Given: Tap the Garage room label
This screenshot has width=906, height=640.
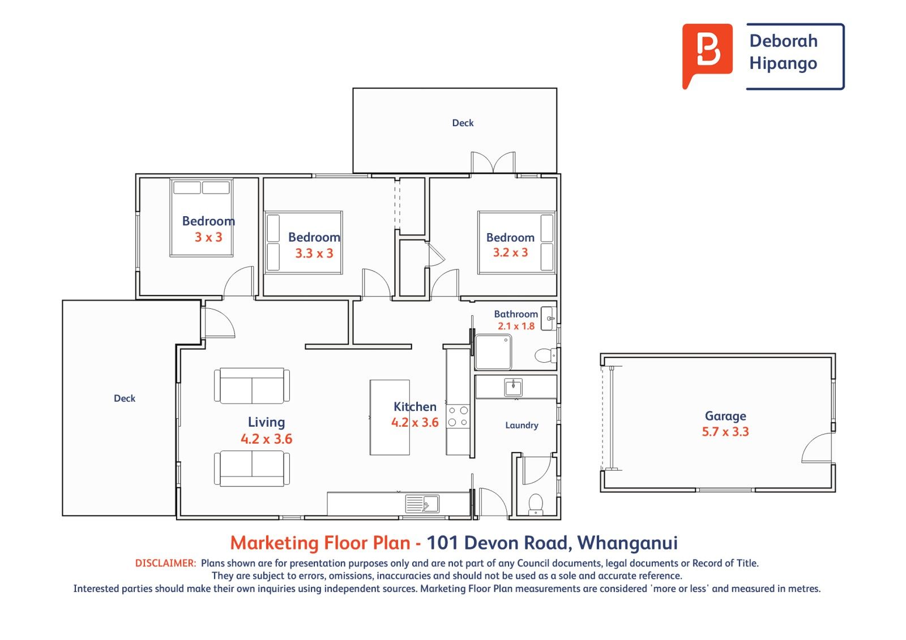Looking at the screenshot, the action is point(725,416).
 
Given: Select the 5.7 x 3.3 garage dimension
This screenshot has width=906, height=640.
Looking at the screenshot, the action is point(725,432).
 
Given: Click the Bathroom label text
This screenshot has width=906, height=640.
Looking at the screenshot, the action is point(516,314).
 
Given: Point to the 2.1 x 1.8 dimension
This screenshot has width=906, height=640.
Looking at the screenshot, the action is point(516,327).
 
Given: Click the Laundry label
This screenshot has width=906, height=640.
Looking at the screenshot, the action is point(522,426).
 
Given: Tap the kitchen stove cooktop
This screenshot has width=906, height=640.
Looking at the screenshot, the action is point(458,417).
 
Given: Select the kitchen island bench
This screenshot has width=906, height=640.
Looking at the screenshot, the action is point(390,417).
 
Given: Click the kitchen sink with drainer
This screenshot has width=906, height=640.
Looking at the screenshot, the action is point(422,504).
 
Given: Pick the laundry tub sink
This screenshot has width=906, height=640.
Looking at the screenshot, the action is point(513,387).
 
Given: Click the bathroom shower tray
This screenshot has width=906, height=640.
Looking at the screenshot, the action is point(493,352).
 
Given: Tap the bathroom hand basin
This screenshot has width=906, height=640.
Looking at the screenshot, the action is point(548,319).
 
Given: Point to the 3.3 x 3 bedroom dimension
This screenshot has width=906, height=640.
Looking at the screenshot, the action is point(314,254).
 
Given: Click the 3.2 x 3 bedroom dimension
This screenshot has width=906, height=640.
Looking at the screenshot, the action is point(510,253).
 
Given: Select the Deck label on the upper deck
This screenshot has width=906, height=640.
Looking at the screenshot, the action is point(463,123).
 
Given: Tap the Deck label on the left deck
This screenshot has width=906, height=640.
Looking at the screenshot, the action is point(125,398).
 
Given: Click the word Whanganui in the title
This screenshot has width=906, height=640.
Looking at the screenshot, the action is point(627,544).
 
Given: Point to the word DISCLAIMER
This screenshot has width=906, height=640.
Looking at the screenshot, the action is point(165,563).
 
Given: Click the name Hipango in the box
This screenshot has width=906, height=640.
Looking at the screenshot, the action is point(783,64).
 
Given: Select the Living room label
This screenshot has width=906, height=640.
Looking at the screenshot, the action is point(266,422).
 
